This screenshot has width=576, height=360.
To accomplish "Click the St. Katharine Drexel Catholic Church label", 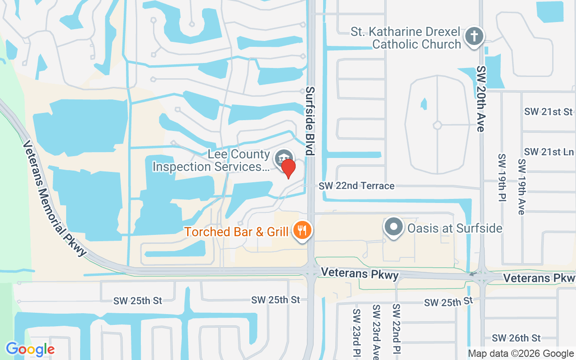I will coord(406,38).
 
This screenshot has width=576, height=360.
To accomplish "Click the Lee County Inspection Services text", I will coord(211,161).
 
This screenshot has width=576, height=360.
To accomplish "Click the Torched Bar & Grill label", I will coord(236,232).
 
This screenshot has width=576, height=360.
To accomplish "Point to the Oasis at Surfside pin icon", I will coord(394,227).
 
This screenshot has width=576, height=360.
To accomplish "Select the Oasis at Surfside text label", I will coord(454,228).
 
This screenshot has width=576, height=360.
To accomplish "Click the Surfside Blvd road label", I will coord(310,121).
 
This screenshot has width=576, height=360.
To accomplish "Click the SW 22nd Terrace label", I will coord(356,186).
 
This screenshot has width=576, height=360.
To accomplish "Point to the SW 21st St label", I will coord(549,112).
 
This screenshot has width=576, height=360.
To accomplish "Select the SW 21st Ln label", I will coord(549,152).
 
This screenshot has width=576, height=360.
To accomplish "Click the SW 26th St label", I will coord(516,338).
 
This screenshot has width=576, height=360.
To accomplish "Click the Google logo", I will coord(30,349).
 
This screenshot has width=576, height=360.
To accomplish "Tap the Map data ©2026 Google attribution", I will coord(521,354).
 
